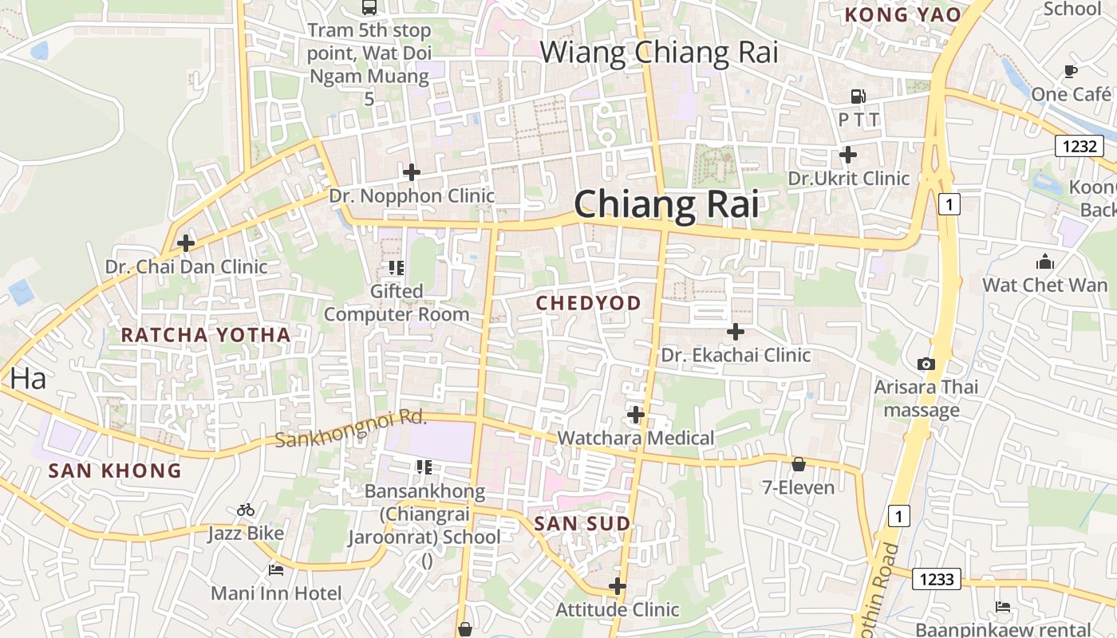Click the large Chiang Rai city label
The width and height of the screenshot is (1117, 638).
[x=666, y=204]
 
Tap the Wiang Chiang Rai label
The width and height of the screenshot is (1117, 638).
[x=659, y=53]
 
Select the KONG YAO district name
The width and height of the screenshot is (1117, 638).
[x=902, y=14]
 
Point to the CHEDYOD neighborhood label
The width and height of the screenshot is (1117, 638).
[x=589, y=303]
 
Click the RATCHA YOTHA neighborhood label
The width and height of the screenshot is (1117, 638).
[x=206, y=335]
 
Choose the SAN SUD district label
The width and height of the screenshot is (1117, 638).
[x=582, y=524]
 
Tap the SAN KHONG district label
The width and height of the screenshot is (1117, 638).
[x=115, y=471]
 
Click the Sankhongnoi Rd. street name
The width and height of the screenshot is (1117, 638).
[x=351, y=429]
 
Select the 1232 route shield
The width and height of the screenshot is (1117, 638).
[x=1079, y=146]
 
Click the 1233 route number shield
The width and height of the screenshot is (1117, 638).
[x=937, y=579]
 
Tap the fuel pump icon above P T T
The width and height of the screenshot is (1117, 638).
[x=858, y=96]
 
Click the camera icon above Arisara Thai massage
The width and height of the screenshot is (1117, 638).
[x=926, y=364]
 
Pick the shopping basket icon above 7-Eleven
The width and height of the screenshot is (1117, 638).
[x=798, y=464]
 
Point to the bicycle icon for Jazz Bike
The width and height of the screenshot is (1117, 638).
[x=246, y=510]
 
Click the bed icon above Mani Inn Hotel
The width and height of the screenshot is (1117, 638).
[x=276, y=570]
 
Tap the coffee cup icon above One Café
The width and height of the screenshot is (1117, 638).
[x=1071, y=71]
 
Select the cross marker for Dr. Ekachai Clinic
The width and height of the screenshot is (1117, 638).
[x=736, y=331]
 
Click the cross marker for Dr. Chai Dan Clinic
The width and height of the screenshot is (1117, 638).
[x=186, y=242]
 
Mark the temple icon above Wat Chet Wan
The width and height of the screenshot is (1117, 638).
[x=1044, y=262]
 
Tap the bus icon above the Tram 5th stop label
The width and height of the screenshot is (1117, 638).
[x=369, y=7]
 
